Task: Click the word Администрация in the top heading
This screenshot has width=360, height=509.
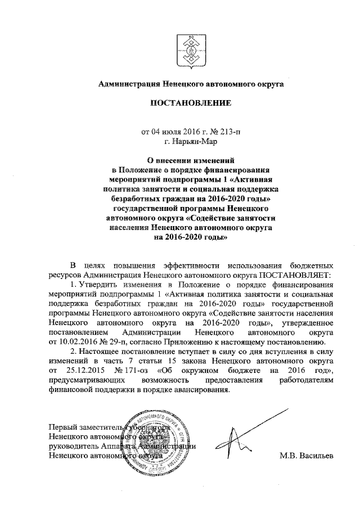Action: pos(129,84)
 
